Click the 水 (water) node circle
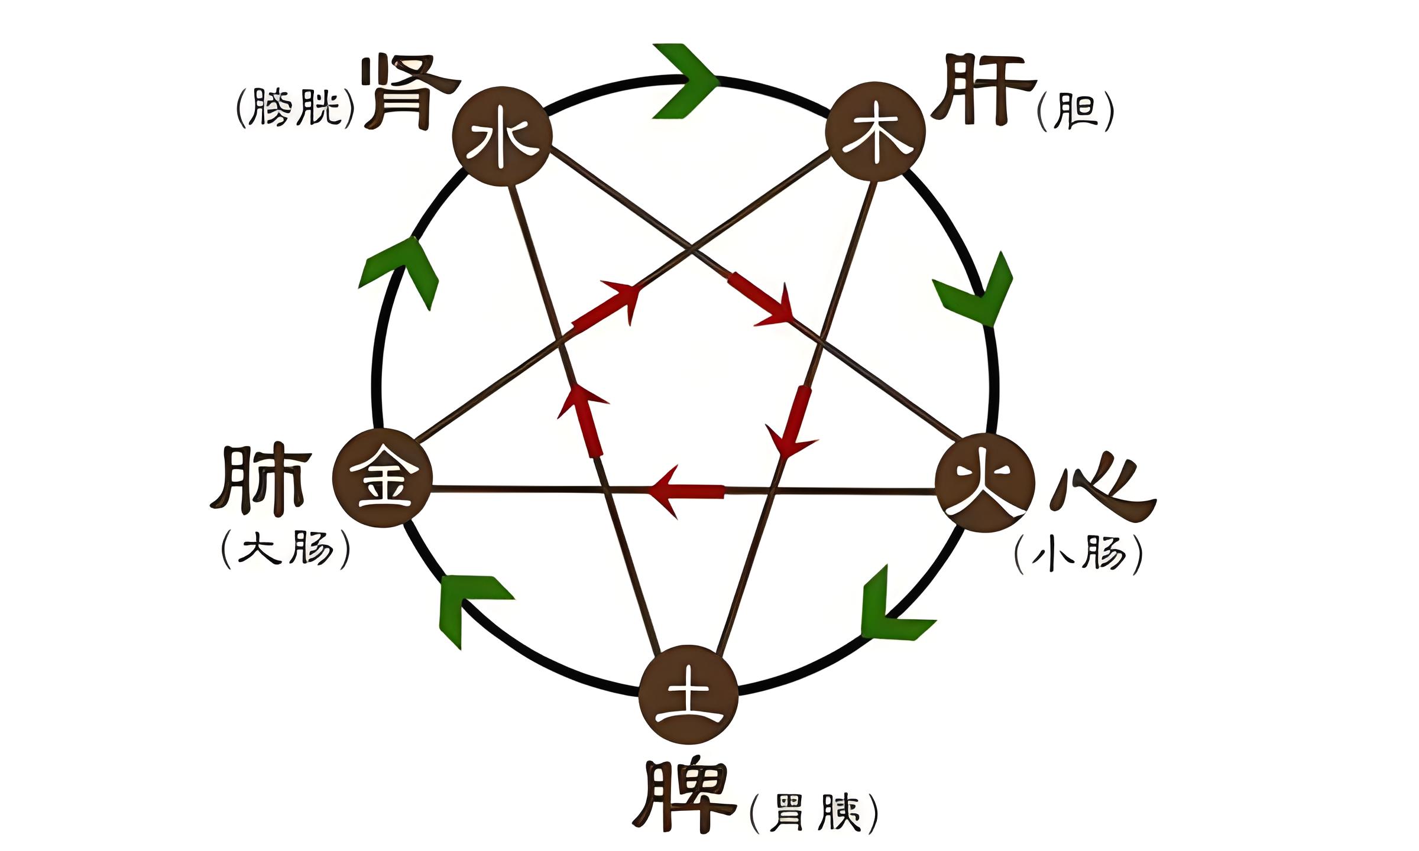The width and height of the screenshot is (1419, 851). (x=502, y=137)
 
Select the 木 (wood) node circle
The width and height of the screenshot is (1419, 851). (x=875, y=132)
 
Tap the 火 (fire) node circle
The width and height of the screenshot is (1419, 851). (x=985, y=482)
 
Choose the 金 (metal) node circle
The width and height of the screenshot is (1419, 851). (x=383, y=478)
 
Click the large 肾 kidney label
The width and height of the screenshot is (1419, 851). (x=410, y=92)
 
